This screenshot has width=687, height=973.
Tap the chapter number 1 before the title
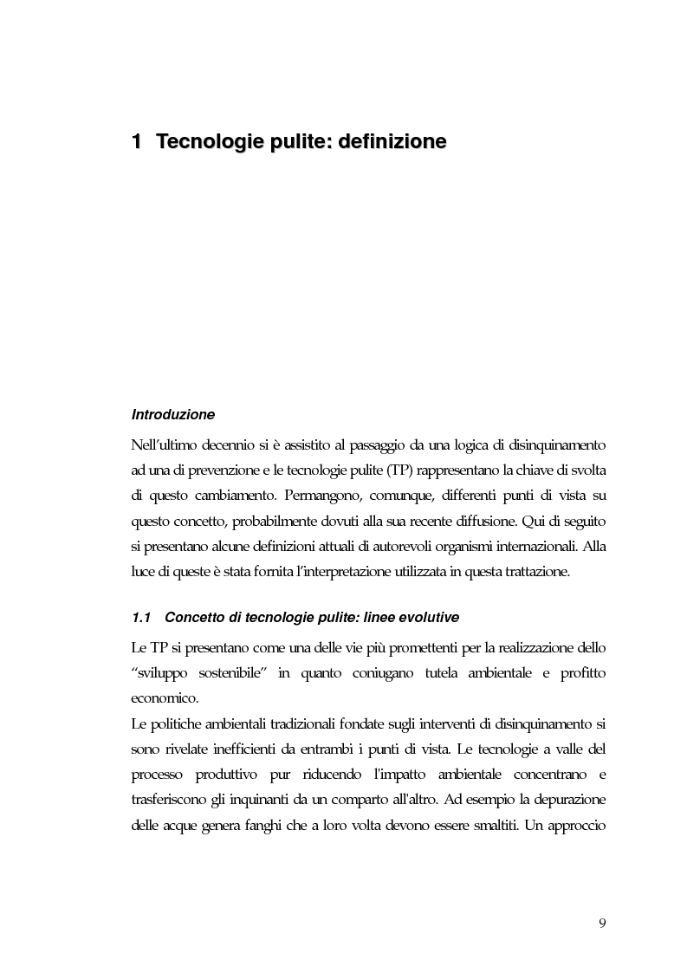[x=136, y=140]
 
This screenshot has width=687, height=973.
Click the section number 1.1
[x=141, y=618]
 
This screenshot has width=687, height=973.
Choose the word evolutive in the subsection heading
[x=431, y=618]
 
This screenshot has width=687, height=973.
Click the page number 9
[x=602, y=922]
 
